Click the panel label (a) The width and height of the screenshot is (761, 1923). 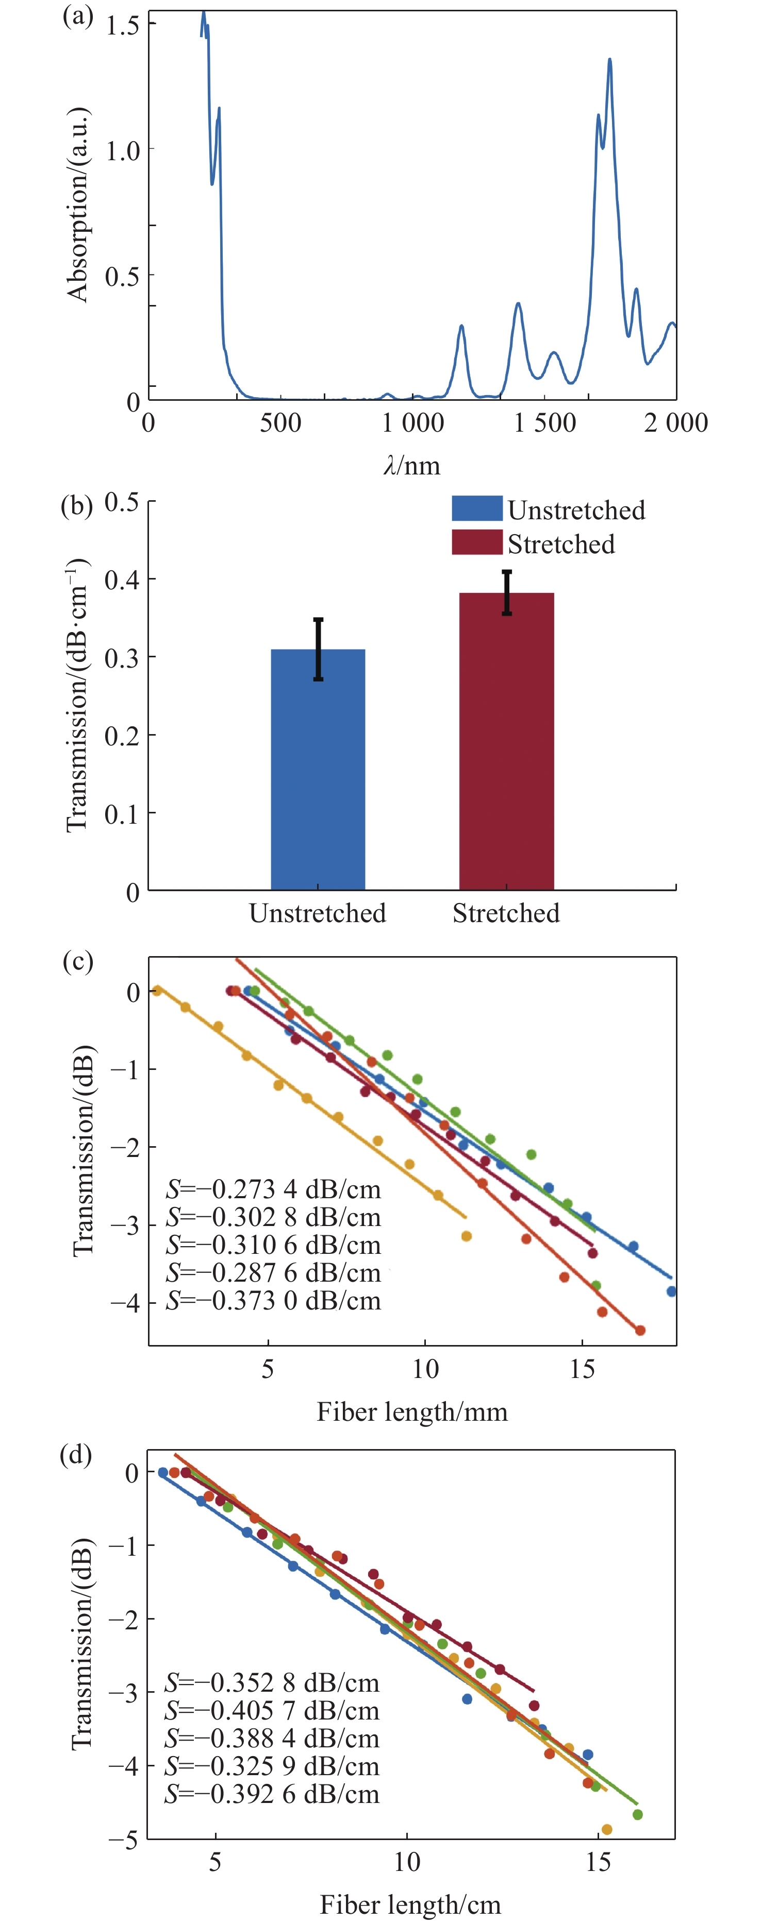77,16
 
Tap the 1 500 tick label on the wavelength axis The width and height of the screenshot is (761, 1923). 544,423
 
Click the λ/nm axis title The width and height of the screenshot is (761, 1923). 411,466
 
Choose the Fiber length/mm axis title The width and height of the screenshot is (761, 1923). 411,1411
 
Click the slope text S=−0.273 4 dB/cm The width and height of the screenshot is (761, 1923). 273,1189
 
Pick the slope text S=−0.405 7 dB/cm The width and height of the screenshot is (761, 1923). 272,1710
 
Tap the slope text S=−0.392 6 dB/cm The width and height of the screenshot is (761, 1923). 272,1794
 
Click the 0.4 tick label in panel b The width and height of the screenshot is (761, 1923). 122,580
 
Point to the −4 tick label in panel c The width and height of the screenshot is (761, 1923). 125,1303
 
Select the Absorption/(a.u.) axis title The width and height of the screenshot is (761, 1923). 78,206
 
